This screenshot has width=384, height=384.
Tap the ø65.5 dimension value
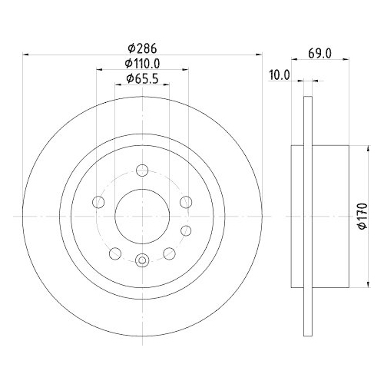point(142,78)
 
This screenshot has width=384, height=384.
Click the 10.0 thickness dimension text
point(280,74)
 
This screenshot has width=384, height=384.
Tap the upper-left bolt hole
point(98,202)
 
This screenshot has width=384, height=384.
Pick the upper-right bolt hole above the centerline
point(185,202)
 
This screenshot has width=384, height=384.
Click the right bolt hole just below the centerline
point(185,230)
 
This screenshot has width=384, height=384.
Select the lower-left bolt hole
point(114,253)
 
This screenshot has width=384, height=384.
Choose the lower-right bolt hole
point(170,253)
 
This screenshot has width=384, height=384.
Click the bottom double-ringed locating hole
point(141,261)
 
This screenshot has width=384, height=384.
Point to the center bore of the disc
point(141,216)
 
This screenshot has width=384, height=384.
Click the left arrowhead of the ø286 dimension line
point(28,55)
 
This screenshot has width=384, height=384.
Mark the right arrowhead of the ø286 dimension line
point(257,55)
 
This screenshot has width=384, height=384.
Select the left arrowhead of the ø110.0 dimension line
point(100,70)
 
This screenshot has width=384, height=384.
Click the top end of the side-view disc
point(309,98)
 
